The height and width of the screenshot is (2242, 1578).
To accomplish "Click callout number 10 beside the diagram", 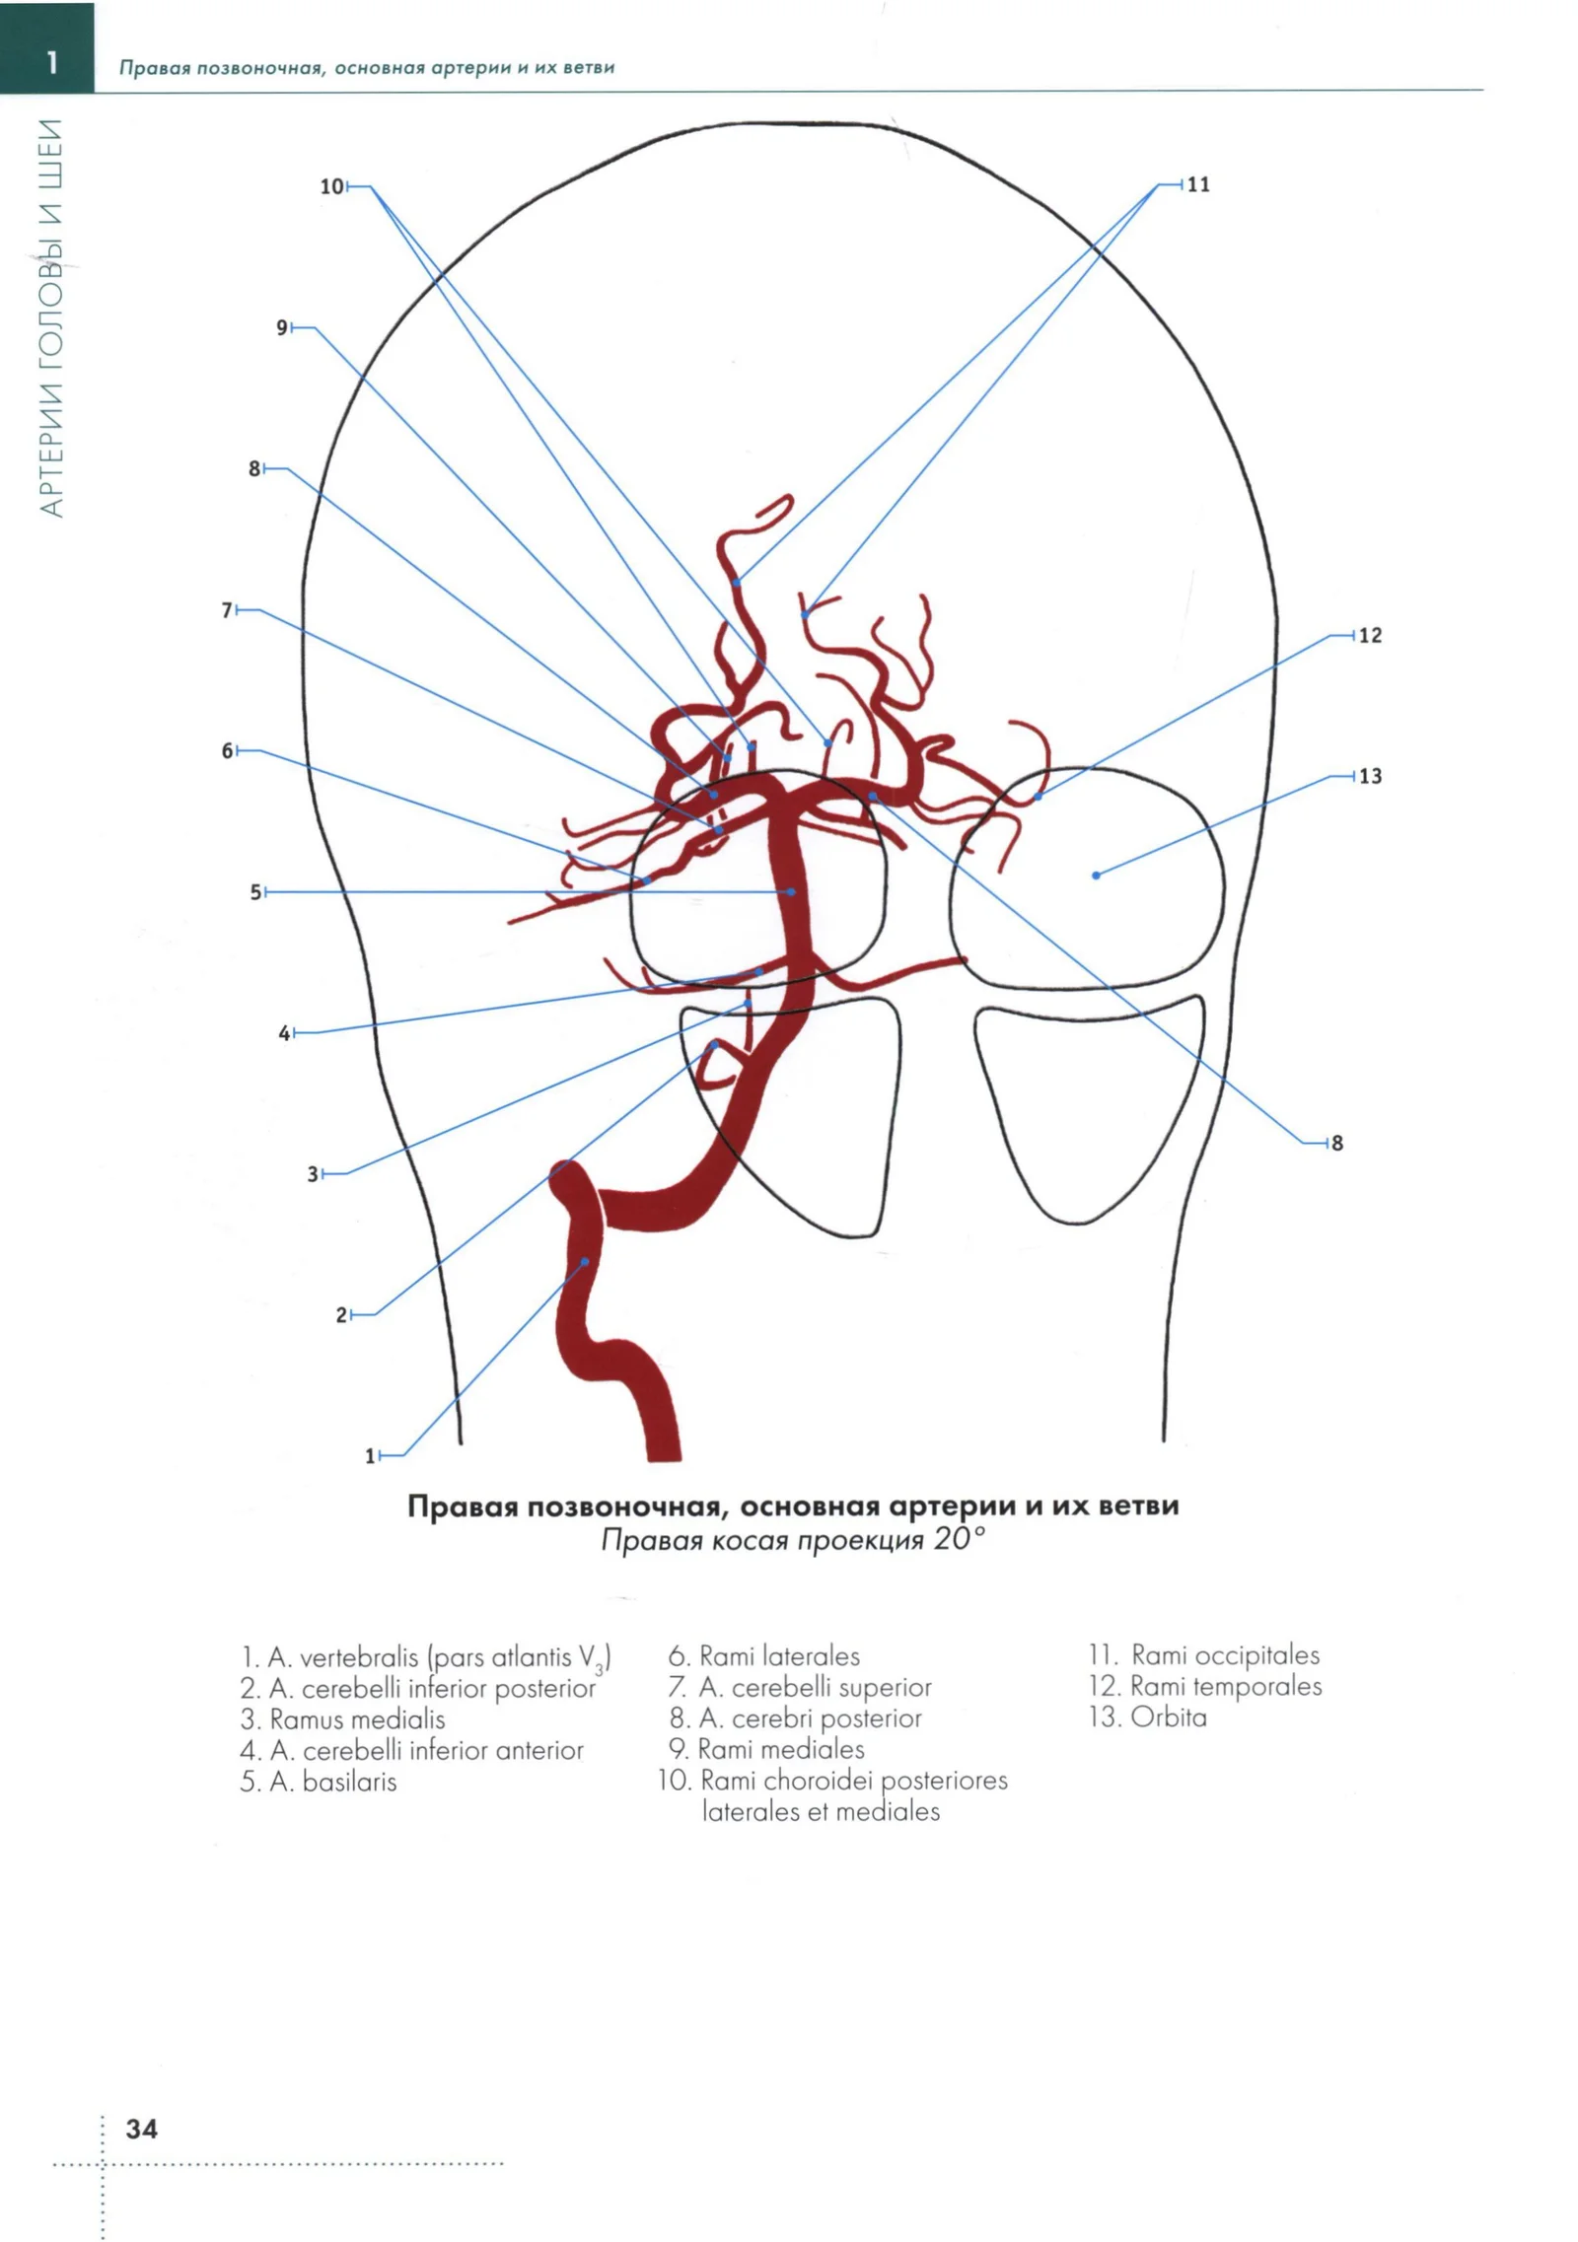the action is [x=331, y=186].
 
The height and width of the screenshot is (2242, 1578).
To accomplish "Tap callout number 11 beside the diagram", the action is [x=1198, y=184].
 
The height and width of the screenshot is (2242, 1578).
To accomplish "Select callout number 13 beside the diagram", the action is [x=1370, y=776].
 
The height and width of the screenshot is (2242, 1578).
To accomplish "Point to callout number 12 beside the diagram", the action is [x=1370, y=635].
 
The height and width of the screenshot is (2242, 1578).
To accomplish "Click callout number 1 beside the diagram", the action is [x=371, y=1455].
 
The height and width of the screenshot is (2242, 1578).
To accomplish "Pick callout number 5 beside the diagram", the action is [x=255, y=892].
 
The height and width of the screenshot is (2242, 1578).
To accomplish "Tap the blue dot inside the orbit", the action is [x=1096, y=876].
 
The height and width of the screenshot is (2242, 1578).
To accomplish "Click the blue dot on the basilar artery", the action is [x=791, y=892].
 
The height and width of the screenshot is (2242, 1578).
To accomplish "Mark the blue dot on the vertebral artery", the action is [x=585, y=1261].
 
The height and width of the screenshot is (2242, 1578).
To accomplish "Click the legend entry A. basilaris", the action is [x=318, y=1782].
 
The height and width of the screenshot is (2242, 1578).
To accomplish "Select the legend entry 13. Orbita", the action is [x=1147, y=1717].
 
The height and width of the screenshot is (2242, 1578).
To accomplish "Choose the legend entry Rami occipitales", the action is [x=1225, y=1654].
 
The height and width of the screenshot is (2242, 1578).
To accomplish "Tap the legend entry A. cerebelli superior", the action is [x=815, y=1687].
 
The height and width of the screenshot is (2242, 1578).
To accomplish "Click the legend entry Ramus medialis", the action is [x=357, y=1719].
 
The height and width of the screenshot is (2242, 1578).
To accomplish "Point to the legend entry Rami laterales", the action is [x=779, y=1655].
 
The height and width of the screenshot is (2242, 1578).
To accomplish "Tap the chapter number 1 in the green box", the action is [x=52, y=63].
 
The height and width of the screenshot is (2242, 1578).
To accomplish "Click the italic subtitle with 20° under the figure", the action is [x=793, y=1540].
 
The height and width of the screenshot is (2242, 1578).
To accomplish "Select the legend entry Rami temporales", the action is [x=1226, y=1686].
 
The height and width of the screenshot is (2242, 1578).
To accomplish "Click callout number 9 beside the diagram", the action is [x=282, y=327].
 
